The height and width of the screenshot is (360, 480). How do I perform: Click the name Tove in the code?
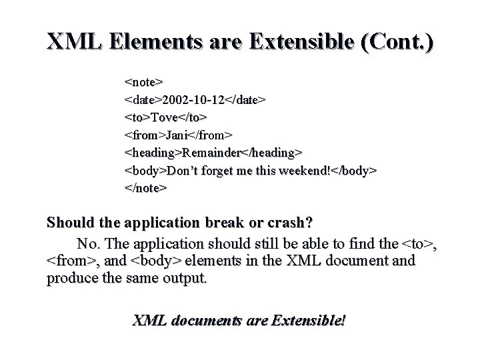[164, 117]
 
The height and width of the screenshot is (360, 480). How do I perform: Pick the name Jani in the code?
[177, 135]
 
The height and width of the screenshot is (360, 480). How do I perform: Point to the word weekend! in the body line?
[304, 170]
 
